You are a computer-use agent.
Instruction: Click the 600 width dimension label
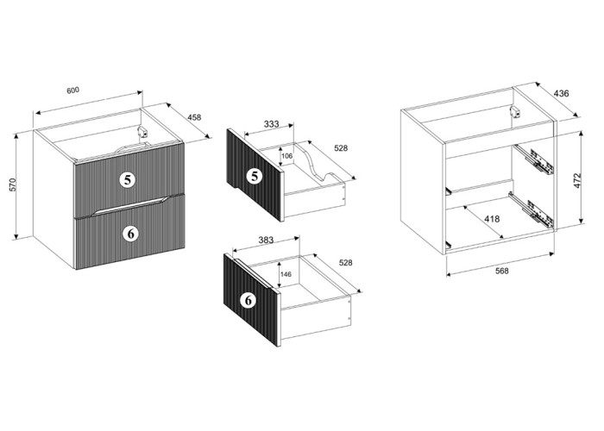[72, 91]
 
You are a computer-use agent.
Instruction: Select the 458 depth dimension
[194, 117]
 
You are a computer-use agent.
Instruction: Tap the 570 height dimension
[12, 184]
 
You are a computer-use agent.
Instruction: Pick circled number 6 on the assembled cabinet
[131, 234]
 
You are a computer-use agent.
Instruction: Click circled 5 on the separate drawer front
[255, 176]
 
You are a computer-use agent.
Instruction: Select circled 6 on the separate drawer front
[249, 300]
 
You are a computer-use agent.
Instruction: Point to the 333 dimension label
[271, 124]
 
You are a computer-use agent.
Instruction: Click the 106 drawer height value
[287, 156]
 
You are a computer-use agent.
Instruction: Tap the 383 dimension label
[266, 240]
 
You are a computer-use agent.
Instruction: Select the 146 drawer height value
[286, 274]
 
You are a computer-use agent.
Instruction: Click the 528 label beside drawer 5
[341, 147]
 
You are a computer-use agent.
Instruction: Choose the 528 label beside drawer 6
[345, 263]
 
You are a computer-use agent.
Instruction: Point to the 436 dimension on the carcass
[561, 93]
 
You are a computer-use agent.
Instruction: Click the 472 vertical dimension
[577, 180]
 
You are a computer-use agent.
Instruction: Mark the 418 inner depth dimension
[492, 219]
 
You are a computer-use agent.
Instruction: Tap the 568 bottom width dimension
[501, 271]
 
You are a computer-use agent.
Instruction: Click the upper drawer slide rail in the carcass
[534, 159]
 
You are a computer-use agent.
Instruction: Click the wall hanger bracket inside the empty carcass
[514, 111]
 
